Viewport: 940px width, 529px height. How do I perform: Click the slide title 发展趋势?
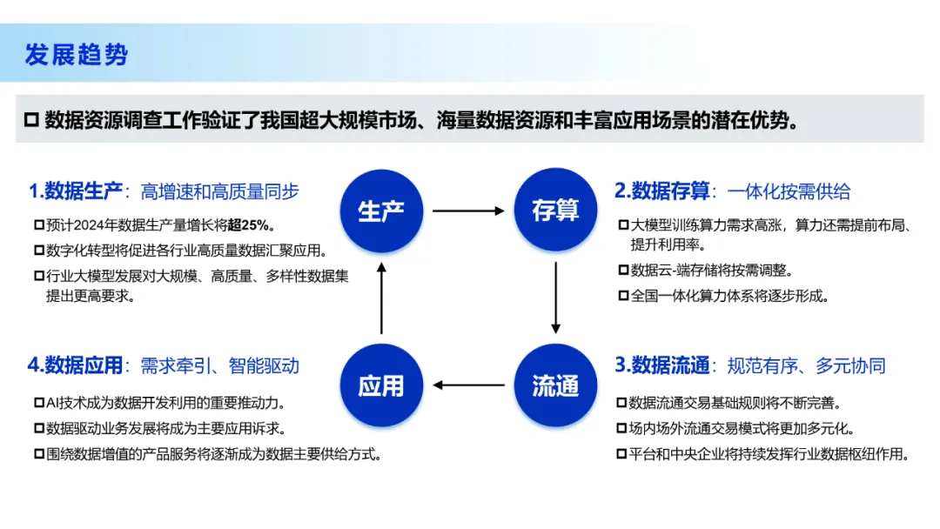[76, 55]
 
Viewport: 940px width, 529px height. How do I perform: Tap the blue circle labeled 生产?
[381, 211]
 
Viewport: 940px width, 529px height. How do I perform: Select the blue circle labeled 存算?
[555, 210]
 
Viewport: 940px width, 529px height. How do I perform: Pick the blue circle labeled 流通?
[555, 385]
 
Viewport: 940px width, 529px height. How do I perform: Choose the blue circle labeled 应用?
[381, 385]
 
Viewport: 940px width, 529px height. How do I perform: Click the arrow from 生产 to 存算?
[468, 211]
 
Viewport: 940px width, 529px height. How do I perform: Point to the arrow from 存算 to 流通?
[555, 298]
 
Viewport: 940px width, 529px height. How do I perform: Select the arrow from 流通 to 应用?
[468, 385]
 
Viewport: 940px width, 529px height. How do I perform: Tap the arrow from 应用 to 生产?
[381, 298]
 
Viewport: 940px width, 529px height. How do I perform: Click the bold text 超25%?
[247, 225]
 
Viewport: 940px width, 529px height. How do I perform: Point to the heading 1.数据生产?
[76, 191]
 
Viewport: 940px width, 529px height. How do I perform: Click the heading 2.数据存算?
[661, 191]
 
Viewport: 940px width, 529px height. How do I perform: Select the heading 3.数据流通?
[661, 365]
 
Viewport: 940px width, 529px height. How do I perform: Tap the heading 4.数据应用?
[75, 365]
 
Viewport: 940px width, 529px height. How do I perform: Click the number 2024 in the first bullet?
[90, 225]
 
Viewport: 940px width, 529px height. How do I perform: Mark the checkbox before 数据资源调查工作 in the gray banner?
[32, 120]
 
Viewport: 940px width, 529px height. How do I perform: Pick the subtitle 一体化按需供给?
[789, 191]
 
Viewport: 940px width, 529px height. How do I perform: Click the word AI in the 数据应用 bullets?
[52, 403]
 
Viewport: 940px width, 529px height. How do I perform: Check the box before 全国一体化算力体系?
[623, 295]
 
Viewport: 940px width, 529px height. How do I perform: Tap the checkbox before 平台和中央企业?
[621, 454]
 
